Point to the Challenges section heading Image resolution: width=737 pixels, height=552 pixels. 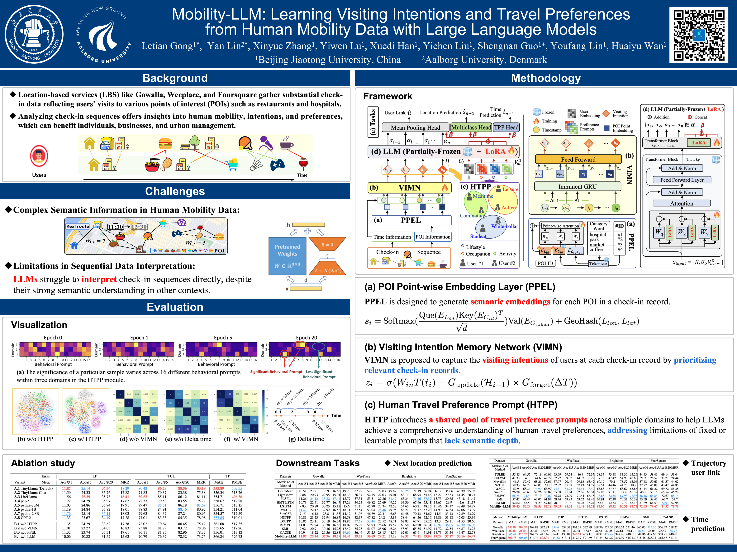175,191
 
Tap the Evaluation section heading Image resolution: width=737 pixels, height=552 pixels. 175,307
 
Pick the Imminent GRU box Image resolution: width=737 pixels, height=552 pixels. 577,187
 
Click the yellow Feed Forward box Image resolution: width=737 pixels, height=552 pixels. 578,159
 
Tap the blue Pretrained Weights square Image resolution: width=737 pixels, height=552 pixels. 287,256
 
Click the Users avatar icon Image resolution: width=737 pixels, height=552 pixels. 39,156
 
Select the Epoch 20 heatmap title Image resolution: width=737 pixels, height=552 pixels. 307,337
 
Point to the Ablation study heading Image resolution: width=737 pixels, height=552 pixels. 43,463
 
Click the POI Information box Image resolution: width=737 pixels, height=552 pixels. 433,237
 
